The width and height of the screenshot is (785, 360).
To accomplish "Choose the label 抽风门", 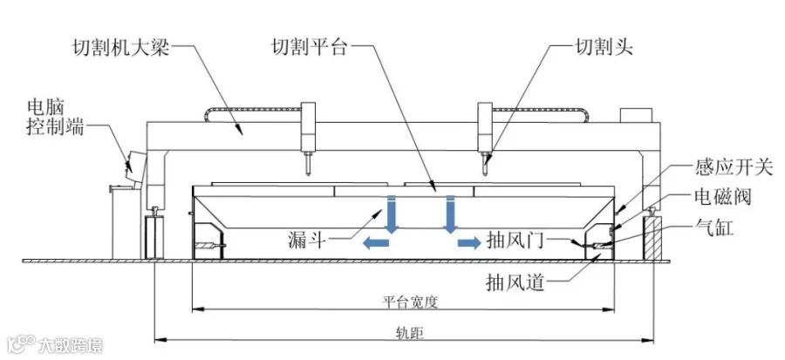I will click(514, 241).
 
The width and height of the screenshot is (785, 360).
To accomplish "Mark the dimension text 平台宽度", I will click(410, 302).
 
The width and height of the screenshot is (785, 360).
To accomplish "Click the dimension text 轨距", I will click(408, 331).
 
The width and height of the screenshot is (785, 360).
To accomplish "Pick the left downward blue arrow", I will click(392, 214).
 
